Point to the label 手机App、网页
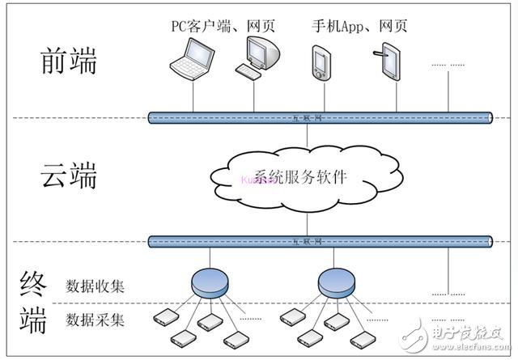point(359,26)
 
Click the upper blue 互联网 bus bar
point(320,118)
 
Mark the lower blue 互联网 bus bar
point(320,241)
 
